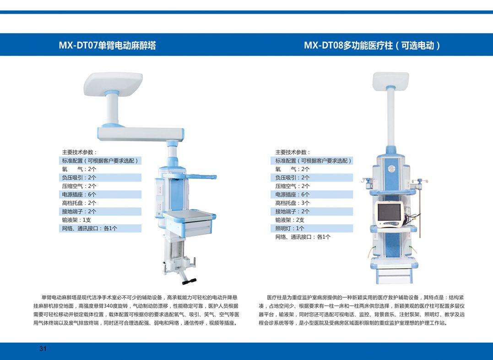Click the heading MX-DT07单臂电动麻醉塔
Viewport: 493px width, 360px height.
point(107,46)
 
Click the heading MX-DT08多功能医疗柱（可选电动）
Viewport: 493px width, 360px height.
point(372,46)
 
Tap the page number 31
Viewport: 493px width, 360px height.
point(43,349)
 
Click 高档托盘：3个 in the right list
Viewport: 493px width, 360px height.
point(292,203)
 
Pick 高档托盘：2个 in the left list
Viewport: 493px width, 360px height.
point(79,203)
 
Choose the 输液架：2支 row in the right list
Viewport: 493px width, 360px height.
point(290,220)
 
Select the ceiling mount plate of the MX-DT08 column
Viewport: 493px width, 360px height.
point(390,81)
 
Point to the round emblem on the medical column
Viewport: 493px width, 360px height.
point(391,169)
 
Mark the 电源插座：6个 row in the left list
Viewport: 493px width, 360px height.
point(79,194)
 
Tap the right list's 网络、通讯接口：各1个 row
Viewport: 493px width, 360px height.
point(303,237)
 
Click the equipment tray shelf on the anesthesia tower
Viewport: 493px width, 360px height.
point(188,215)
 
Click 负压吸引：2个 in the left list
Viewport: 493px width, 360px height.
point(79,177)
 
